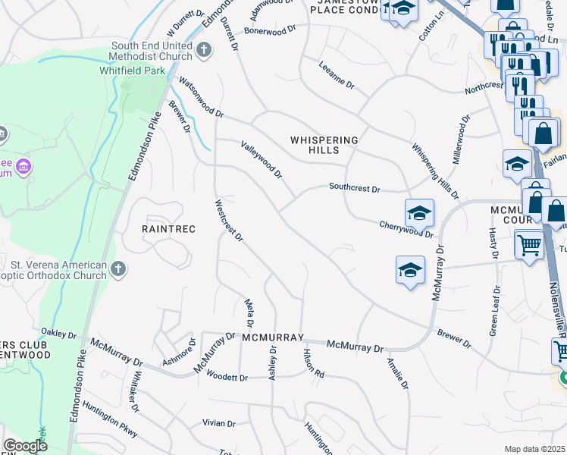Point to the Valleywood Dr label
262,159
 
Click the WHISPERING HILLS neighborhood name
324,145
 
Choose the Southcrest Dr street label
354,187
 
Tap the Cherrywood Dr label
406,229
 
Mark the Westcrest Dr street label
228,221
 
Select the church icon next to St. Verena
117,268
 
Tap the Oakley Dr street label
58,334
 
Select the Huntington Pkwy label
110,424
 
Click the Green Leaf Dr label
495,311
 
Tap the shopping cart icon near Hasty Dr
529,245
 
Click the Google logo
26,446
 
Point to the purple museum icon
23,165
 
